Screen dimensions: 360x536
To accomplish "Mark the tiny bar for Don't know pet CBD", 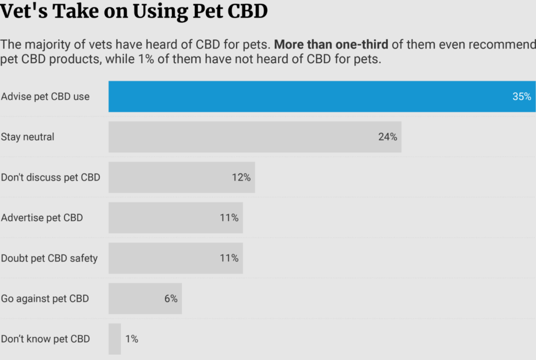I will coord(115,339).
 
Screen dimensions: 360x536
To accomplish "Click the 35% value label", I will coord(521,97).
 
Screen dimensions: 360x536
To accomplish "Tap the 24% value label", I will coord(387,137).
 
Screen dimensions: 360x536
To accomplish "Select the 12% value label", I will coord(241,177).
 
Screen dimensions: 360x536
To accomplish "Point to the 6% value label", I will coord(171,299).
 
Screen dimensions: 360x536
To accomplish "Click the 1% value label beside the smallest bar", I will coord(132,339).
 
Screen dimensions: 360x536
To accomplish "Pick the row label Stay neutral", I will coord(28,137).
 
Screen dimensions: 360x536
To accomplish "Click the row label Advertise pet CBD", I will coord(42,218).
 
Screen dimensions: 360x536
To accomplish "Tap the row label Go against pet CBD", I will coord(45,299).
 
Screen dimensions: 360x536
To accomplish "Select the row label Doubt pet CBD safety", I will coord(49,258).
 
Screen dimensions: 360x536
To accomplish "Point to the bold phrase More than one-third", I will coord(331,44).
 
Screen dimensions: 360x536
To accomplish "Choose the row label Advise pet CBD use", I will coord(45,97).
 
